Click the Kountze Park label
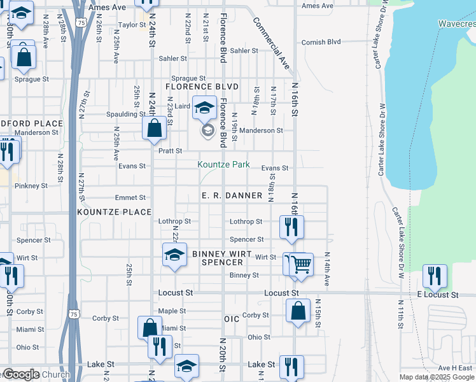[x=223, y=164]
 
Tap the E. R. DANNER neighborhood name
[x=232, y=195]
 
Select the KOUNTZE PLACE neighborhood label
[x=115, y=212]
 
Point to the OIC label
[x=231, y=318]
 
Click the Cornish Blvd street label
[x=322, y=42]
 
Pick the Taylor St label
[x=132, y=25]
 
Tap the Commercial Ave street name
[x=271, y=43]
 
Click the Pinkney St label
[x=27, y=186]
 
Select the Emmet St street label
[x=130, y=198]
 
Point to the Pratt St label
[x=170, y=152]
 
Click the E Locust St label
[x=438, y=295]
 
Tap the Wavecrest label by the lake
[x=457, y=24]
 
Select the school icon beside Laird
[x=205, y=107]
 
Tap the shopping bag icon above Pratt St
[x=155, y=129]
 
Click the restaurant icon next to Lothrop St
[x=292, y=227]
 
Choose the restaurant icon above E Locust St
[x=435, y=276]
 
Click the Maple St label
[x=172, y=311]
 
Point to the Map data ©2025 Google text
[x=436, y=377]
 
